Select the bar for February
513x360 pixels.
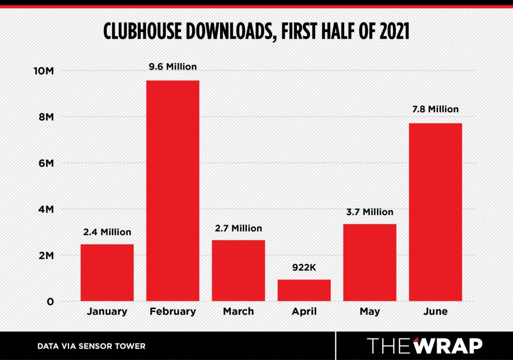tap(173, 191)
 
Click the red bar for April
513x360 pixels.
tap(304, 290)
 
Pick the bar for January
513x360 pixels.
tap(107, 272)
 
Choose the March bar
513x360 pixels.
tap(238, 270)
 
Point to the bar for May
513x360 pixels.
tap(370, 262)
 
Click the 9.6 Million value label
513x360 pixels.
tap(173, 66)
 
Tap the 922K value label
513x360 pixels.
tap(304, 267)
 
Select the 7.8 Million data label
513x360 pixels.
tap(435, 109)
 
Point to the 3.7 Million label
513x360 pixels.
tap(370, 212)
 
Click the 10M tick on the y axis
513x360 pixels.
tap(43, 71)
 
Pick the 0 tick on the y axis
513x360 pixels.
tap(50, 302)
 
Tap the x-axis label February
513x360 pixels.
tap(173, 311)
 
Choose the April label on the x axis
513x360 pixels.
tap(304, 311)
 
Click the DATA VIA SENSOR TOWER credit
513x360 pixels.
tap(91, 346)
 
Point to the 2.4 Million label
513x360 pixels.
tap(107, 232)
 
